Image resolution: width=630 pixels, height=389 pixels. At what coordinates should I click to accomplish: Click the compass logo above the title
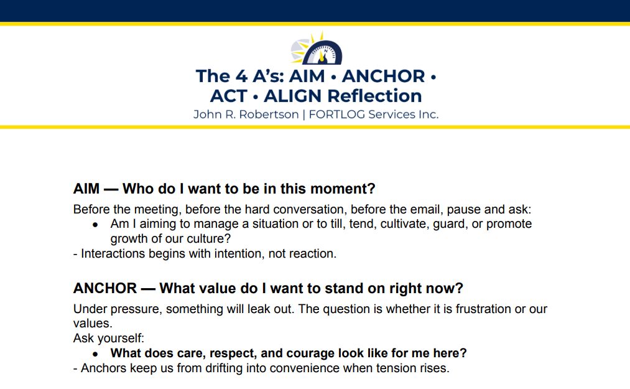click(x=316, y=49)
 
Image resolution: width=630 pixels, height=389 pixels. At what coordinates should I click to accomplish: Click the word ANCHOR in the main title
click(x=383, y=76)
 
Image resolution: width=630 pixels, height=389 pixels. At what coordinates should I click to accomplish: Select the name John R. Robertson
click(x=246, y=115)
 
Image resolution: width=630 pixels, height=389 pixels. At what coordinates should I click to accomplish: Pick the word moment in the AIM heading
click(x=348, y=189)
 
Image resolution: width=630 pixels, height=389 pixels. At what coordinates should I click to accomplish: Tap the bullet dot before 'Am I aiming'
click(x=95, y=224)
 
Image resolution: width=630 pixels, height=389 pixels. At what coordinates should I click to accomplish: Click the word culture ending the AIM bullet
click(x=210, y=238)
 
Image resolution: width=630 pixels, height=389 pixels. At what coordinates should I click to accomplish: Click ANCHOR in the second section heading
click(x=105, y=289)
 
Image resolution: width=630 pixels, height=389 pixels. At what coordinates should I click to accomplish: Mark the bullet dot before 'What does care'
click(x=95, y=354)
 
